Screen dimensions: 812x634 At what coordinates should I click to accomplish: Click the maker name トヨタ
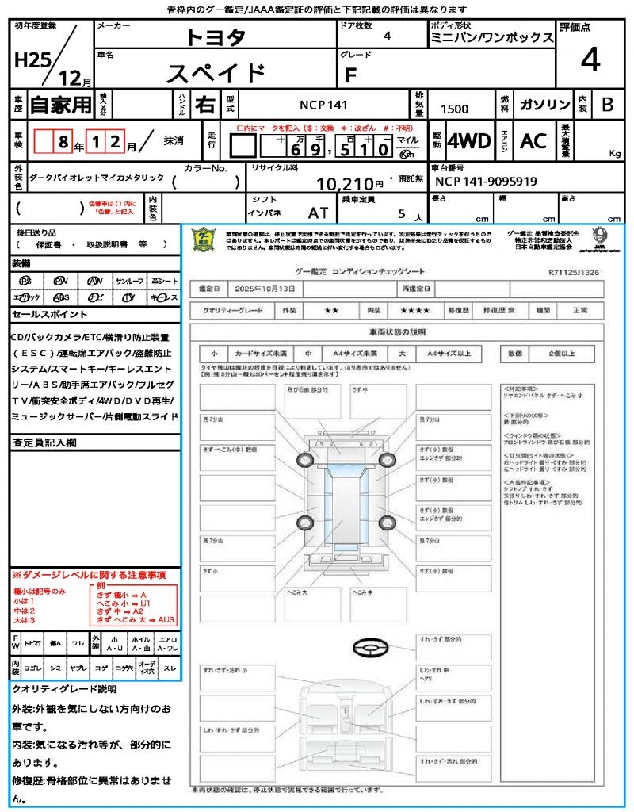click(x=216, y=36)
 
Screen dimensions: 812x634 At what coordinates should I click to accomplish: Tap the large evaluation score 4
click(x=590, y=59)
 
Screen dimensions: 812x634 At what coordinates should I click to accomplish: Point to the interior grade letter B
click(x=607, y=105)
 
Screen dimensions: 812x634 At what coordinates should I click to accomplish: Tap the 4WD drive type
click(x=469, y=141)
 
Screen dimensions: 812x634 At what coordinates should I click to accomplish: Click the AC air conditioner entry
click(x=533, y=141)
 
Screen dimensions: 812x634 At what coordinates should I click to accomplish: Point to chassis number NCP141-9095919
click(x=486, y=181)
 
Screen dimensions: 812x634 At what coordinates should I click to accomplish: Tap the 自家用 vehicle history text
click(x=60, y=105)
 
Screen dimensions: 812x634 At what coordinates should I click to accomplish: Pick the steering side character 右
click(x=204, y=105)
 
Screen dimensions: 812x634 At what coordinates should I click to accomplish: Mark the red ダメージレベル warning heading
click(x=89, y=574)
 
